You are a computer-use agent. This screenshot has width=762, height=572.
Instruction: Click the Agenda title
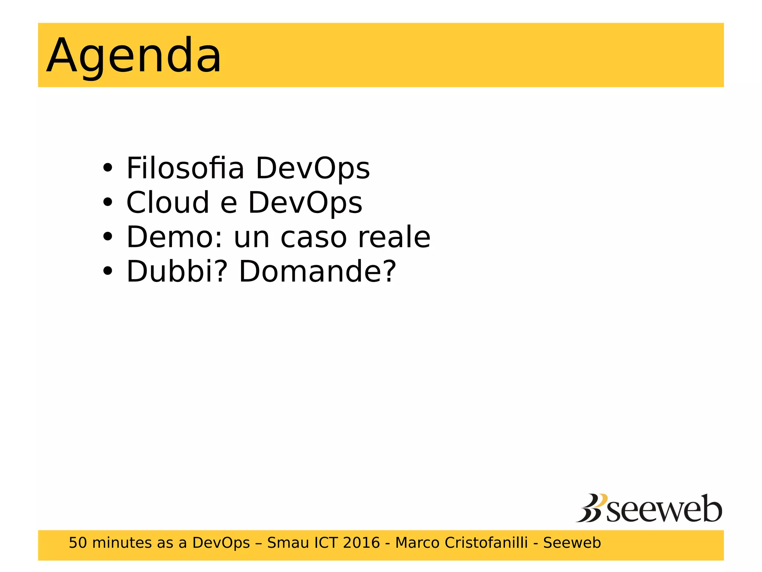point(134,56)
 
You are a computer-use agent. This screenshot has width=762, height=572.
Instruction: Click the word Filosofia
point(185,168)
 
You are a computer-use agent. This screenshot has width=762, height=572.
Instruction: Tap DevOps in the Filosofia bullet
point(313,169)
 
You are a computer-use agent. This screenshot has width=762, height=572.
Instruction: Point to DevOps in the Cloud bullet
point(305,203)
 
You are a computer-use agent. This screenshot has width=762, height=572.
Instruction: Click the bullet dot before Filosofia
point(108,168)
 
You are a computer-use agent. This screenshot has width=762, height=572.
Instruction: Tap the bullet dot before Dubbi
point(108,271)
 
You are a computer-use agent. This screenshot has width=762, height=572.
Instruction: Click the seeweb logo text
point(664,509)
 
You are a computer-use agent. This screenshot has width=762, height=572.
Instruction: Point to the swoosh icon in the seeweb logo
point(592,508)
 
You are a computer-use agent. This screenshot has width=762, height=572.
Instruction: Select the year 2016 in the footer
point(361,543)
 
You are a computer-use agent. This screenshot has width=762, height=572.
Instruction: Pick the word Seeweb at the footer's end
point(572,543)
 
